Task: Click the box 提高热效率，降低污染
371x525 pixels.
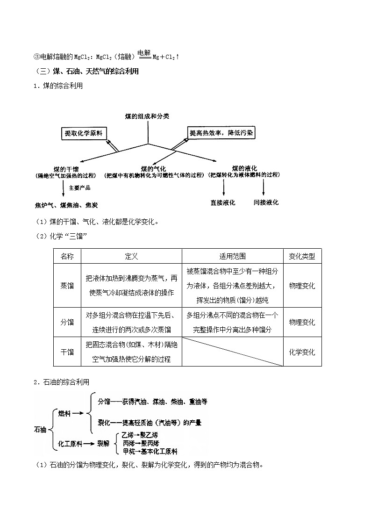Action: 221,133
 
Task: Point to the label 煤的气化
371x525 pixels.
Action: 154,168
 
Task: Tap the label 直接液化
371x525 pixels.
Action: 223,203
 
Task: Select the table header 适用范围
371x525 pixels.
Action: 232,256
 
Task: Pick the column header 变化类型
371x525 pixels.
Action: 302,256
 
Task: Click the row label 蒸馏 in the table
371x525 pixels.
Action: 67,286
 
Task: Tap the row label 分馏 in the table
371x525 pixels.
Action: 67,322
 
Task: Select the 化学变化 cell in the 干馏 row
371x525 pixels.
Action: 302,352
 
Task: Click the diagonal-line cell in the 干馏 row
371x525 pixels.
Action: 232,352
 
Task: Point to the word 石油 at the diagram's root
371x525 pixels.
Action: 40,428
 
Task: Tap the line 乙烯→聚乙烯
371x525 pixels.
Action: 139,435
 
